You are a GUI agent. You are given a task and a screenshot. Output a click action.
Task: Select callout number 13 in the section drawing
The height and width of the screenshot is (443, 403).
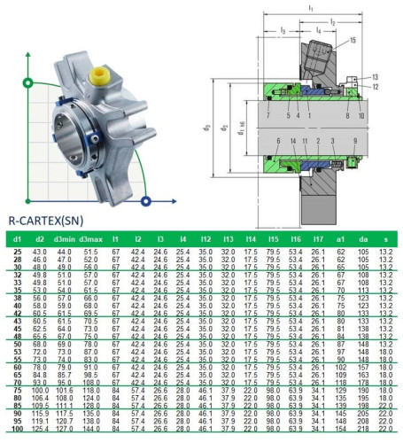pyautogui.click(x=375, y=77)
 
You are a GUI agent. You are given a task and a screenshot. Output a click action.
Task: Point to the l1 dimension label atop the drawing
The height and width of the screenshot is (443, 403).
pyautogui.click(x=309, y=7)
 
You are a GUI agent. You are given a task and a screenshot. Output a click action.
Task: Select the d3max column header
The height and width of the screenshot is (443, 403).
pyautogui.click(x=90, y=239)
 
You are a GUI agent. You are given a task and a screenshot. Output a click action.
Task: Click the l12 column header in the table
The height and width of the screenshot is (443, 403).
pyautogui.click(x=205, y=239)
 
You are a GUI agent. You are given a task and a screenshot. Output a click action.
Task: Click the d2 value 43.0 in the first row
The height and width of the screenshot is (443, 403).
pyautogui.click(x=40, y=253)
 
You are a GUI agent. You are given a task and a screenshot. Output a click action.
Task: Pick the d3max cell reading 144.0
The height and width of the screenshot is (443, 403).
pyautogui.click(x=90, y=429)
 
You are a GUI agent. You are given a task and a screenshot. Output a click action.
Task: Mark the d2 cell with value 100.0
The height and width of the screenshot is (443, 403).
pyautogui.click(x=40, y=390)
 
